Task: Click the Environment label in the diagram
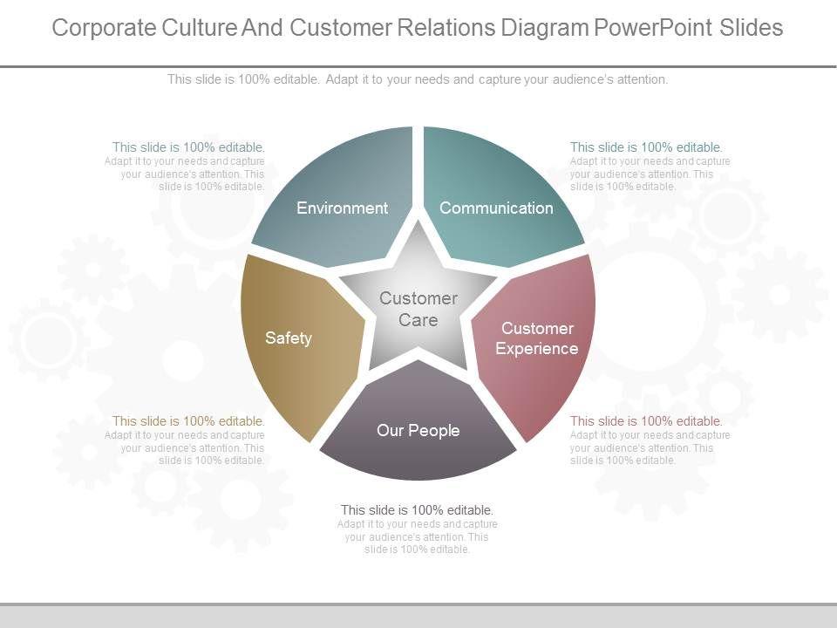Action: coord(342,208)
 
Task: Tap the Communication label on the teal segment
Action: coord(496,208)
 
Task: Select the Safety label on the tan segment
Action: coord(289,338)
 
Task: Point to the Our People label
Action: coord(418,430)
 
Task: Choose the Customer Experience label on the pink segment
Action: coord(537,338)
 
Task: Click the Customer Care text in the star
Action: coord(418,309)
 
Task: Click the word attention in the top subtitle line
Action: coord(641,79)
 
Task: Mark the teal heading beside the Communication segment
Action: coord(646,147)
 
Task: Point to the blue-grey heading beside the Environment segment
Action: coord(188,147)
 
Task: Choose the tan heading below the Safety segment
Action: coord(188,421)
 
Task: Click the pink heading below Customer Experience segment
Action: coord(646,421)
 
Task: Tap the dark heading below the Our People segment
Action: coord(418,510)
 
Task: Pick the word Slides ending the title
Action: coord(752,28)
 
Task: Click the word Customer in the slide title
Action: coord(344,28)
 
